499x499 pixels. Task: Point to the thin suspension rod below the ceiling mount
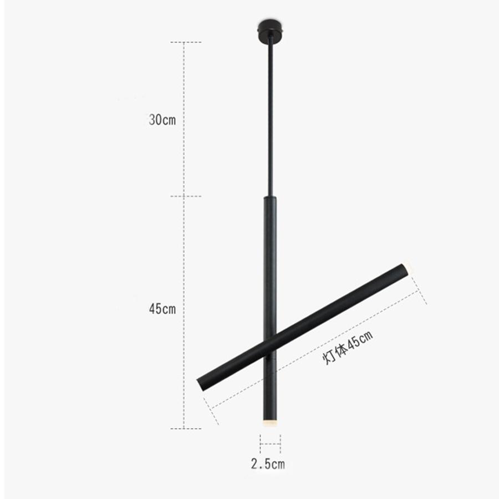270,111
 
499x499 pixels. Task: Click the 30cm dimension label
162,120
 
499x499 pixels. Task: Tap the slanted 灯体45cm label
348,347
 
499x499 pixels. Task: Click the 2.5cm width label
267,464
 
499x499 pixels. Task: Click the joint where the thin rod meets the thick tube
270,196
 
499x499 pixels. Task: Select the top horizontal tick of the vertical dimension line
185,42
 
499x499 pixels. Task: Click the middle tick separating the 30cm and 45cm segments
185,196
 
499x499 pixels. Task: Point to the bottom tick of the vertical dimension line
185,428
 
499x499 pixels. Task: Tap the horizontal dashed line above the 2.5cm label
270,444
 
